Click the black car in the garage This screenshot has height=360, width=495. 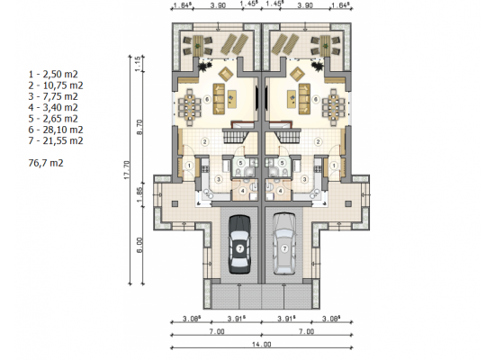[x=239, y=245]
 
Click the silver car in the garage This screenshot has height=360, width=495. [x=284, y=244]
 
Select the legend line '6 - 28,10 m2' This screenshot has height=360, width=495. [x=56, y=130]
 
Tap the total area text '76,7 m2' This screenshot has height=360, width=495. [x=46, y=163]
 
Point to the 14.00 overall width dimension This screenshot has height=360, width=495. [x=262, y=344]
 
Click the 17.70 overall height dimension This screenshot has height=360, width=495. [x=127, y=170]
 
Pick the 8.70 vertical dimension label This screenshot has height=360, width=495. [x=139, y=127]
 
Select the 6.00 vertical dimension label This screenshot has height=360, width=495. [x=139, y=245]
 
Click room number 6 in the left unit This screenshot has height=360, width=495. [x=207, y=100]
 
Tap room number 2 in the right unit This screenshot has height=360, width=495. [x=319, y=142]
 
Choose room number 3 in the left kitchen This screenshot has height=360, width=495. [x=219, y=179]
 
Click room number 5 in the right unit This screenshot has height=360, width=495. [x=283, y=163]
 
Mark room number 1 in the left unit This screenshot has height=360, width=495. [x=189, y=166]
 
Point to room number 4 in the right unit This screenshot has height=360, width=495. [x=280, y=191]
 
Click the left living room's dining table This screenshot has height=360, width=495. [x=189, y=107]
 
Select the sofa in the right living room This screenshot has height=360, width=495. [x=304, y=99]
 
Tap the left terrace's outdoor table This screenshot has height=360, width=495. [x=198, y=46]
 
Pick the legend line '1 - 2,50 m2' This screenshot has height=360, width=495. [x=53, y=74]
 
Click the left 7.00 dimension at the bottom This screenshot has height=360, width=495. [x=217, y=331]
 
